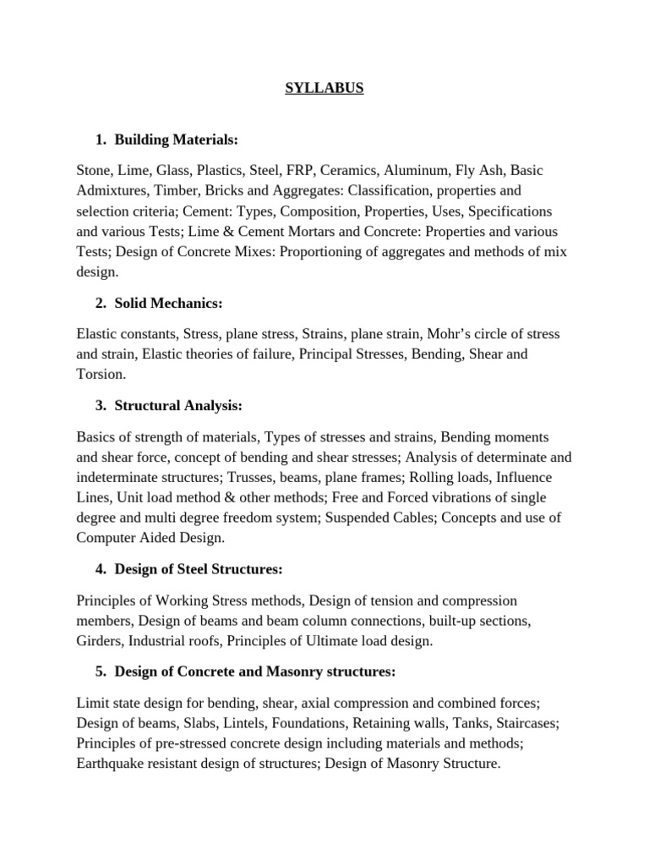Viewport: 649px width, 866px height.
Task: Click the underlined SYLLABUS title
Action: point(324,87)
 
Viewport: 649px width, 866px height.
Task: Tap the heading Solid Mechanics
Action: point(168,303)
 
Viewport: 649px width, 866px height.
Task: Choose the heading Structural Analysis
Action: point(178,406)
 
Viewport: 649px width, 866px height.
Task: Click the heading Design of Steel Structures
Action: point(198,569)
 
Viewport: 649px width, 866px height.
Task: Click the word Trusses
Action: point(254,478)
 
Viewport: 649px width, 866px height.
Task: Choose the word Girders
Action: point(100,641)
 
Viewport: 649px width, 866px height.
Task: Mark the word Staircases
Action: point(526,724)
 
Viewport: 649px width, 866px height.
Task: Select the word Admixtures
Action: point(113,190)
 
